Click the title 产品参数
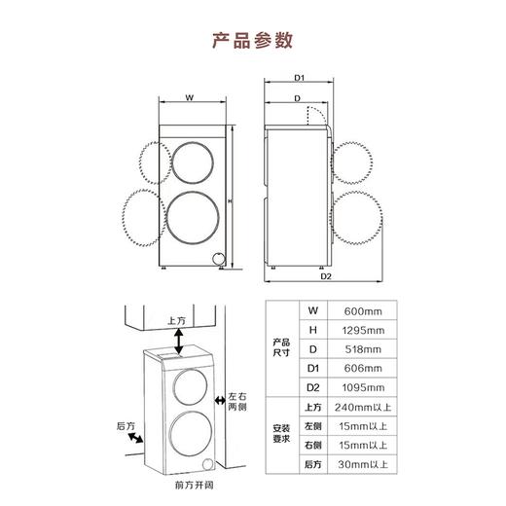252,41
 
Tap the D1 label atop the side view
300,78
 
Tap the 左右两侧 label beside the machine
239,400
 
